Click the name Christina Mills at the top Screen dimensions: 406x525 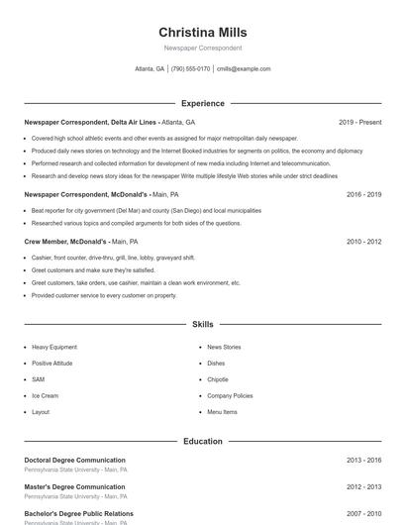pos(202,33)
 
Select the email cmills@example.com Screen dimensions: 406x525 pos(243,69)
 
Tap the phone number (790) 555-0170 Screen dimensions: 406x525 pos(190,69)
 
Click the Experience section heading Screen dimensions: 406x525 pos(202,103)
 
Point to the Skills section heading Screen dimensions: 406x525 pos(202,324)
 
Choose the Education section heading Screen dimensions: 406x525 pos(202,441)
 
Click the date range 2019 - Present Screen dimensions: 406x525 pos(359,122)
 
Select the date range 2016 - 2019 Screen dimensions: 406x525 pos(363,195)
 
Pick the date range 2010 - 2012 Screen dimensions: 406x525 pos(363,242)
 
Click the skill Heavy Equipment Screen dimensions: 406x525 pos(53,348)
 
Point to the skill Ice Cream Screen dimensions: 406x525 pos(45,395)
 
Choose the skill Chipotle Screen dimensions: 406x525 pos(218,379)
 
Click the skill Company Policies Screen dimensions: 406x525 pos(230,395)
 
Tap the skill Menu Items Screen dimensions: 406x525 pos(222,411)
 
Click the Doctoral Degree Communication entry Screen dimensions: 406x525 pos(74,461)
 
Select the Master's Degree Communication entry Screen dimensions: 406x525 pos(74,487)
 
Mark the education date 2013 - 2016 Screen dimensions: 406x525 pos(363,461)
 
